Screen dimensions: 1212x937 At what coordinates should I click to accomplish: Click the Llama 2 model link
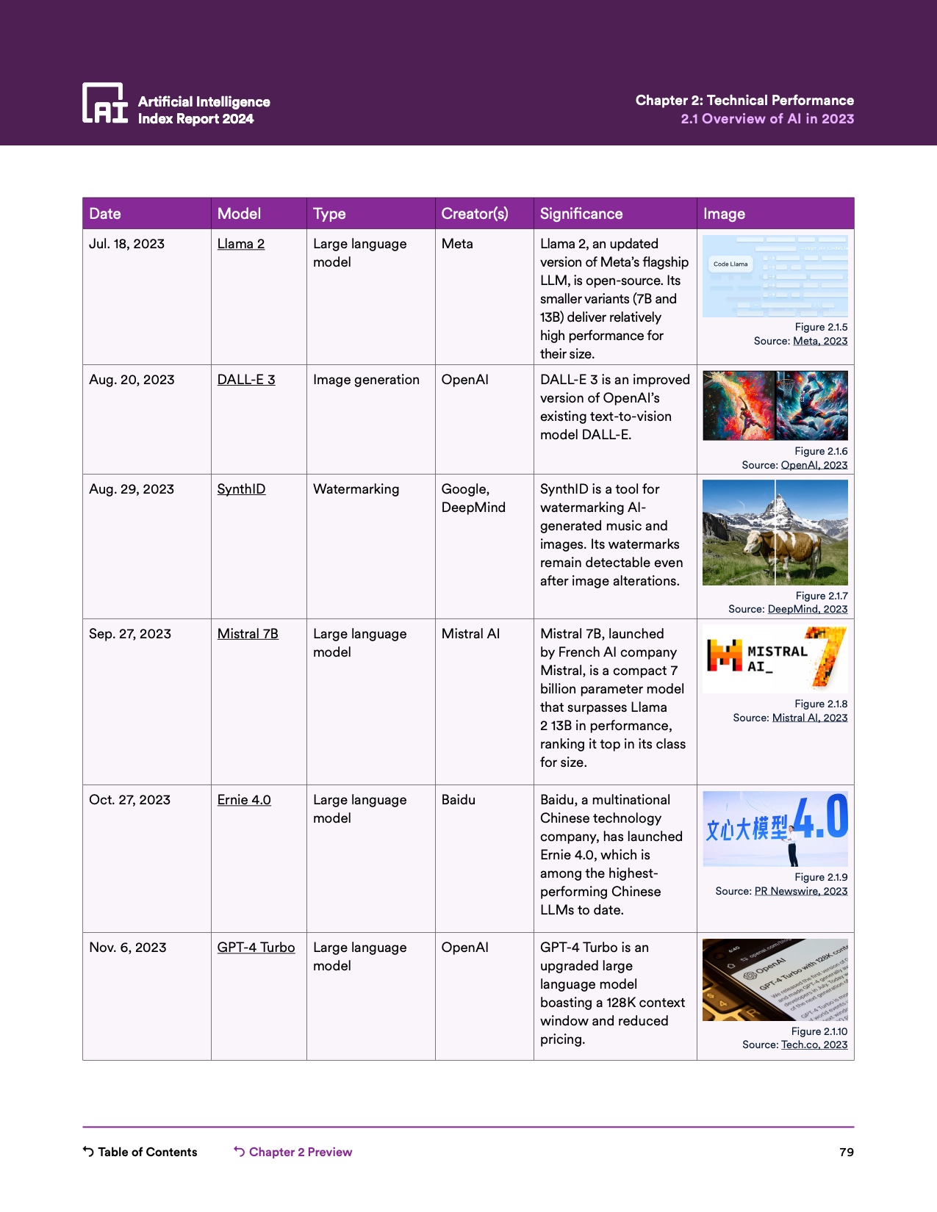(240, 244)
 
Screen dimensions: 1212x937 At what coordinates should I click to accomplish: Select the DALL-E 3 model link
(246, 380)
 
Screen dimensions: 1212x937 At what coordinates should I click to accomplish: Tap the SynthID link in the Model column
(241, 489)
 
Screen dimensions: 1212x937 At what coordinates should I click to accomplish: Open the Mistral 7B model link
(248, 634)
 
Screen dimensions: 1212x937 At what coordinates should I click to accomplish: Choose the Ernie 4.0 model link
(244, 800)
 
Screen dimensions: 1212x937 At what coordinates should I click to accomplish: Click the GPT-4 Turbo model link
(256, 948)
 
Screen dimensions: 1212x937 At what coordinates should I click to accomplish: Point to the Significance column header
(581, 214)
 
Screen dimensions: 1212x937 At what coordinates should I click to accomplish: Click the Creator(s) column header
(475, 214)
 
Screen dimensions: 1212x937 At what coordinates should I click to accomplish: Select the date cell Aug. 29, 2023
(132, 489)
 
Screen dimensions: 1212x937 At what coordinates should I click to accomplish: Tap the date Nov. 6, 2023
(128, 948)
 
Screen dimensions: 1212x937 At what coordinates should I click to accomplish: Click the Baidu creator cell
(459, 800)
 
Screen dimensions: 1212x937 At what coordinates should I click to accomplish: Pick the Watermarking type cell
(356, 489)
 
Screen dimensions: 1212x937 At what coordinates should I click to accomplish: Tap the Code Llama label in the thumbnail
(730, 264)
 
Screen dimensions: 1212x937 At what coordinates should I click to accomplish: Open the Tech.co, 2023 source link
(814, 1045)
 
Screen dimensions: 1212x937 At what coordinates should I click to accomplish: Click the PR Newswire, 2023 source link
(801, 891)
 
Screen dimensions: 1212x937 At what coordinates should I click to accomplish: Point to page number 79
(847, 1152)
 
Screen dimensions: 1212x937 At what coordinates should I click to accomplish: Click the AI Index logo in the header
(104, 104)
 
